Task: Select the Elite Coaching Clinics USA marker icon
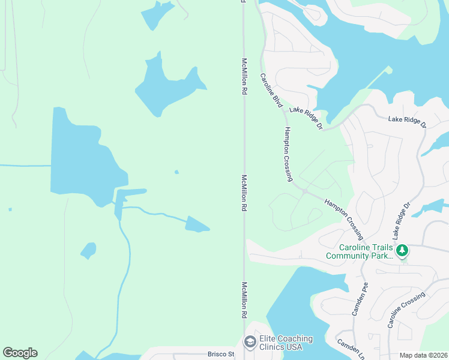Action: [249, 342]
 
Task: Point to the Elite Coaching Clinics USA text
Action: [285, 343]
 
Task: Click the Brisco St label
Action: [220, 354]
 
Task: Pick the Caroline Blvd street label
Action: [271, 91]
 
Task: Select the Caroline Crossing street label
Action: [406, 310]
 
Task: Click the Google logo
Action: [20, 353]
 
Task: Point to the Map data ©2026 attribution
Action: [423, 355]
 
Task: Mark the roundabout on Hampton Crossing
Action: [305, 191]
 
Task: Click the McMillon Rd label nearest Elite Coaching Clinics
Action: [244, 300]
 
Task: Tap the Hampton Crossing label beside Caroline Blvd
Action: [289, 154]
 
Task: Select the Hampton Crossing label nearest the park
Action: [344, 216]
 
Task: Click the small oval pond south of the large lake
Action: [88, 250]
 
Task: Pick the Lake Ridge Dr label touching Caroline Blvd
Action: [306, 118]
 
